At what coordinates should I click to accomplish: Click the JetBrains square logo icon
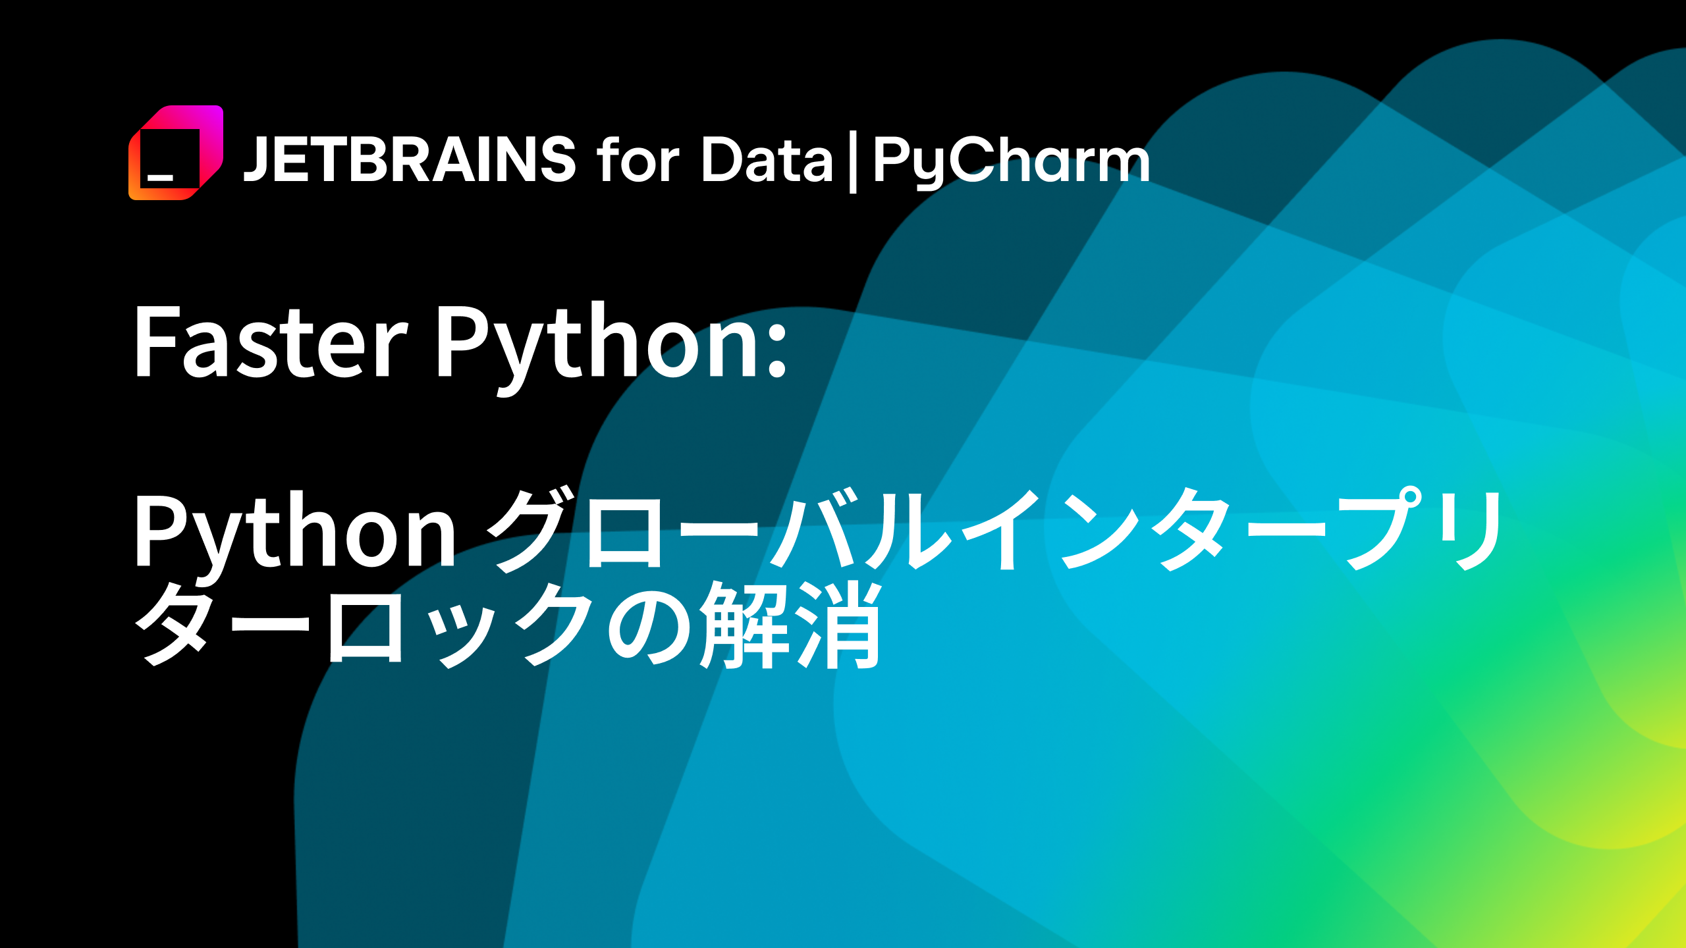(176, 153)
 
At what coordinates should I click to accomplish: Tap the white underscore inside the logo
(160, 177)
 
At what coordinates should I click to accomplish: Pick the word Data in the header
(767, 159)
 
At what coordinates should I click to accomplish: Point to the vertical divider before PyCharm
(853, 162)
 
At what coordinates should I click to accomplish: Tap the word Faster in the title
(271, 342)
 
